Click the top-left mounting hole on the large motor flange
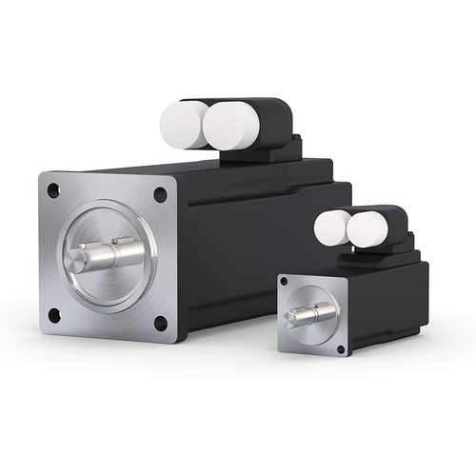[53, 190]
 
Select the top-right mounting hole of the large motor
[160, 194]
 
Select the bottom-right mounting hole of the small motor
[340, 349]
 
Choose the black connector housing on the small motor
[392, 224]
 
